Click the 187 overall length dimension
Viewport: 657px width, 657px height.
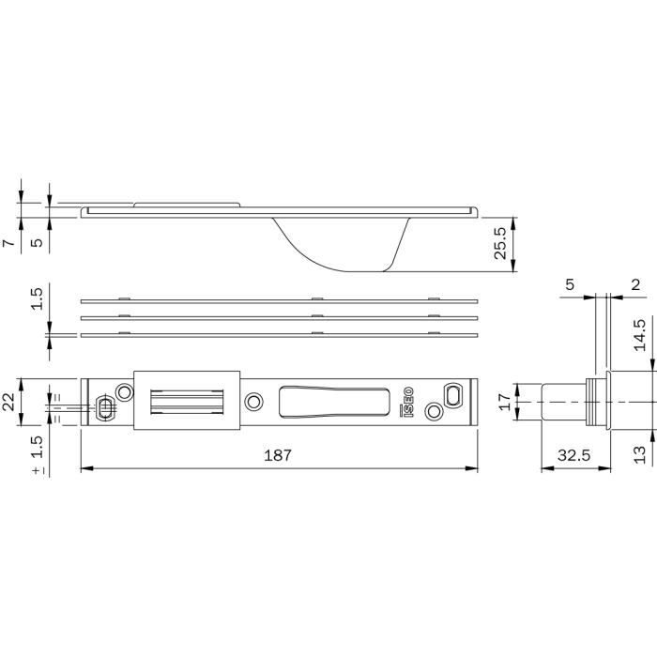[278, 455]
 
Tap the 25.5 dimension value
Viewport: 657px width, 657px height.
[500, 243]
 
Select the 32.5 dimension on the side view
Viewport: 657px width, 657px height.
[573, 455]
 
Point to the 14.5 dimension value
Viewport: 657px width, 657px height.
[640, 335]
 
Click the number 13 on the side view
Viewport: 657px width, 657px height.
[640, 454]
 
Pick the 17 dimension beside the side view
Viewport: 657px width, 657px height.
[506, 402]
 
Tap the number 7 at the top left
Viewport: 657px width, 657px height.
[8, 243]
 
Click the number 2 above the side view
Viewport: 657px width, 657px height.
[635, 285]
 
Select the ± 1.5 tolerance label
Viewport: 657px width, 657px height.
[38, 454]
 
